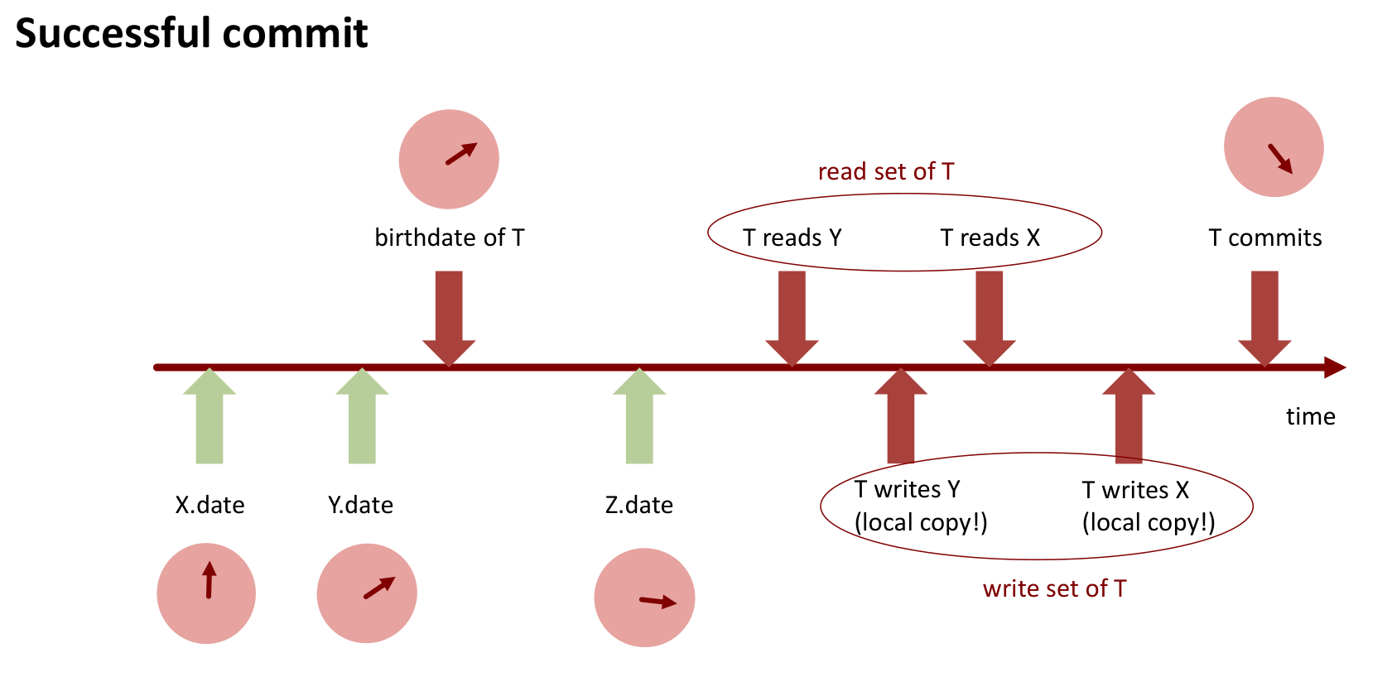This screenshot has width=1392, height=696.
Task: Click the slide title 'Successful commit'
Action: [191, 34]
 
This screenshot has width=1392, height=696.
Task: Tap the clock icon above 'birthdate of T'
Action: [449, 159]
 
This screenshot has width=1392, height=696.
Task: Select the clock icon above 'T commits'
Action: [1274, 147]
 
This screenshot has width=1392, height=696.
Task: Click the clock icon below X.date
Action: [206, 593]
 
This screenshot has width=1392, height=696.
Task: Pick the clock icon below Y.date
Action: [367, 593]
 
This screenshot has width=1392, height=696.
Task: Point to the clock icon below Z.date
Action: [644, 598]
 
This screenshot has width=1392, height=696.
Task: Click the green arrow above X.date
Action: [210, 418]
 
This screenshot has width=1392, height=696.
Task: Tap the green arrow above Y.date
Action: [362, 418]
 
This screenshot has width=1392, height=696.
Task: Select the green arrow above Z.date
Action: [639, 418]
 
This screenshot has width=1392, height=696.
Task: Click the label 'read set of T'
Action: [886, 171]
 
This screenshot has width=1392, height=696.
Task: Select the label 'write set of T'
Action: [1054, 588]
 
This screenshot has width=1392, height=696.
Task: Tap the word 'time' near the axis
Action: [1310, 416]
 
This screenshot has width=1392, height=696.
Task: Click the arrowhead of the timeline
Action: [1335, 367]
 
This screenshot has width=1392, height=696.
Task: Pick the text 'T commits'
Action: [1264, 238]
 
